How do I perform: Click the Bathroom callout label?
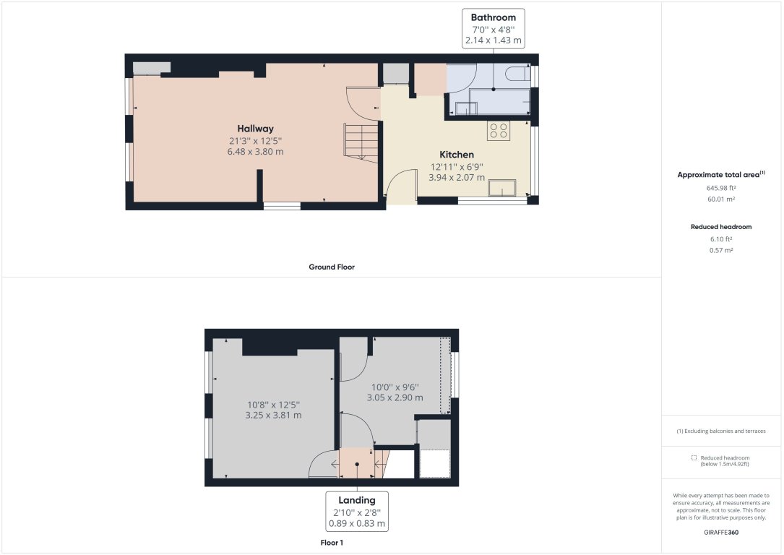click(x=493, y=17)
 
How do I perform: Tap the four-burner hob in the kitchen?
click(x=499, y=130)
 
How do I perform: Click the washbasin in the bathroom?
click(x=466, y=108)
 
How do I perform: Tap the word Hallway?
click(x=255, y=129)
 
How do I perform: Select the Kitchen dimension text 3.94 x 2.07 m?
click(x=457, y=177)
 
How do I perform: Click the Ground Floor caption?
click(x=332, y=267)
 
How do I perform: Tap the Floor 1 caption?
click(x=332, y=542)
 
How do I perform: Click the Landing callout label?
click(x=356, y=500)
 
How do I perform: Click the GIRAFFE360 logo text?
click(x=721, y=532)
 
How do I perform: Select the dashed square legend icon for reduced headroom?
click(x=694, y=457)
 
